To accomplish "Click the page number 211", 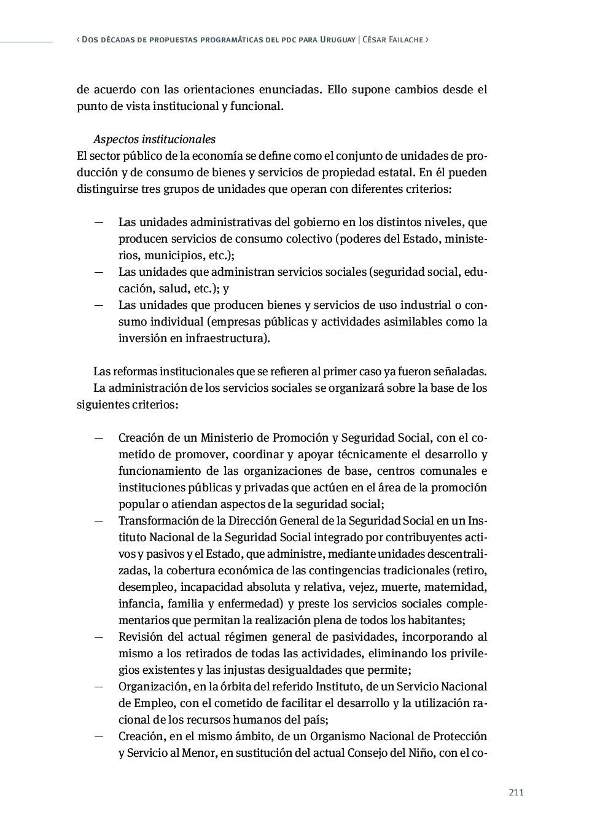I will [516, 792].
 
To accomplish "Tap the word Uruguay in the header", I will [338, 39].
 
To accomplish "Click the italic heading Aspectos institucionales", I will [154, 139].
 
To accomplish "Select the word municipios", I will [178, 256].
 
